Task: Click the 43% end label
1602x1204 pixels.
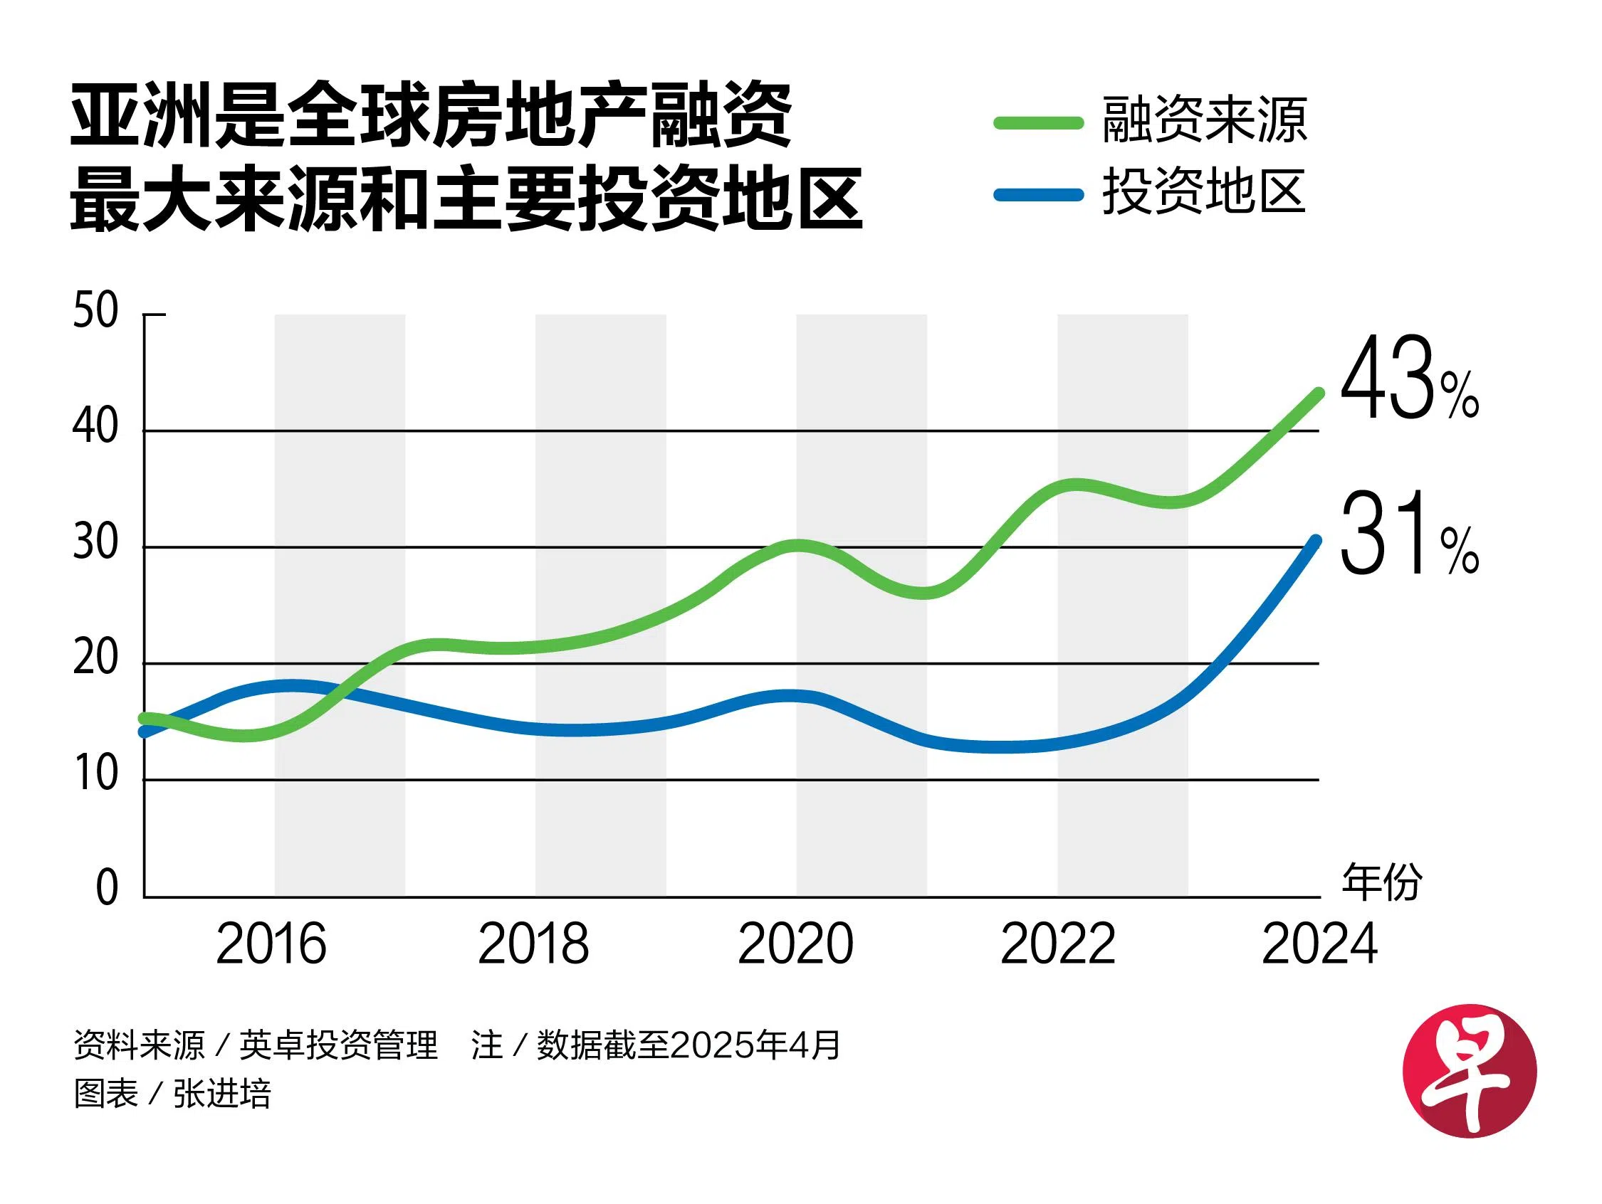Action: pyautogui.click(x=1408, y=379)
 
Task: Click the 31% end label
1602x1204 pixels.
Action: pyautogui.click(x=1408, y=534)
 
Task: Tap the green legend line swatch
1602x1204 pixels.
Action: pyautogui.click(x=1038, y=123)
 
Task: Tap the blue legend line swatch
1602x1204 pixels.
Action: pyautogui.click(x=1038, y=194)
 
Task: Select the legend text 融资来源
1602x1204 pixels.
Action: pyautogui.click(x=1205, y=120)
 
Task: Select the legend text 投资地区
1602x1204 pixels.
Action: pyautogui.click(x=1205, y=192)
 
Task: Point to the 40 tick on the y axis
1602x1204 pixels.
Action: pyautogui.click(x=95, y=426)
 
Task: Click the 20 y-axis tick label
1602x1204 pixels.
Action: pyautogui.click(x=95, y=658)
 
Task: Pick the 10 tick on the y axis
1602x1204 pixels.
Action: pyautogui.click(x=95, y=774)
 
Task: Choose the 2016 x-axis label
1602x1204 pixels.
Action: pyautogui.click(x=271, y=945)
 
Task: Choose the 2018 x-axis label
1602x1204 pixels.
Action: pyautogui.click(x=534, y=945)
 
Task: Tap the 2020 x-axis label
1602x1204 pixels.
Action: pyautogui.click(x=796, y=945)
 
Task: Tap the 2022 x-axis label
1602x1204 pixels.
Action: pyautogui.click(x=1058, y=945)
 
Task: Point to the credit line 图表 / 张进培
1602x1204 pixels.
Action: pyautogui.click(x=172, y=1094)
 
